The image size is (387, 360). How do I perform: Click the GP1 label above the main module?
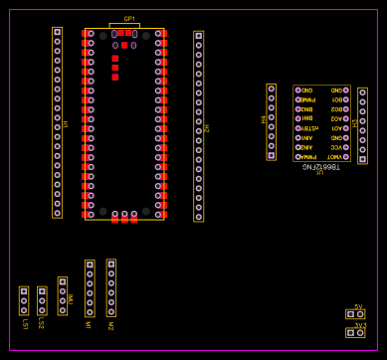tap(129, 19)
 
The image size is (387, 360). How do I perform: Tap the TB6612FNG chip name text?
tap(320, 167)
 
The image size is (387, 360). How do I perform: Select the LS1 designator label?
tap(24, 323)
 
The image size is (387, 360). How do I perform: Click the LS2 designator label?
tap(41, 323)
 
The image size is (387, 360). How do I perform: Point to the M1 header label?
tap(89, 324)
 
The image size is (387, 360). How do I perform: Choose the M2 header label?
tap(110, 324)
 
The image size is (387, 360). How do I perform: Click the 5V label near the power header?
tap(358, 306)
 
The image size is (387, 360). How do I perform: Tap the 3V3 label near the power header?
tap(358, 324)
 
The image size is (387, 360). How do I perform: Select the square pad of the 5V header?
tap(350, 314)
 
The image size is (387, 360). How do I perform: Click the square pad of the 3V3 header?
tap(350, 332)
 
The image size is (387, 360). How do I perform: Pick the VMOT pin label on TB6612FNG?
tap(335, 156)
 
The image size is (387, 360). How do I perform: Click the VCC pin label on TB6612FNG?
tap(335, 147)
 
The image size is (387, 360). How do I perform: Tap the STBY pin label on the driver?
tap(308, 128)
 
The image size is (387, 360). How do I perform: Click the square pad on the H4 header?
tap(271, 155)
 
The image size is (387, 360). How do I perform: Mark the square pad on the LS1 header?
tap(24, 293)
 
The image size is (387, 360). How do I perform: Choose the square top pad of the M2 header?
tap(110, 266)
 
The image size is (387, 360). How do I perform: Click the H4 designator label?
tap(265, 119)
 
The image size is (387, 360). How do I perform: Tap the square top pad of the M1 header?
tap(90, 266)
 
